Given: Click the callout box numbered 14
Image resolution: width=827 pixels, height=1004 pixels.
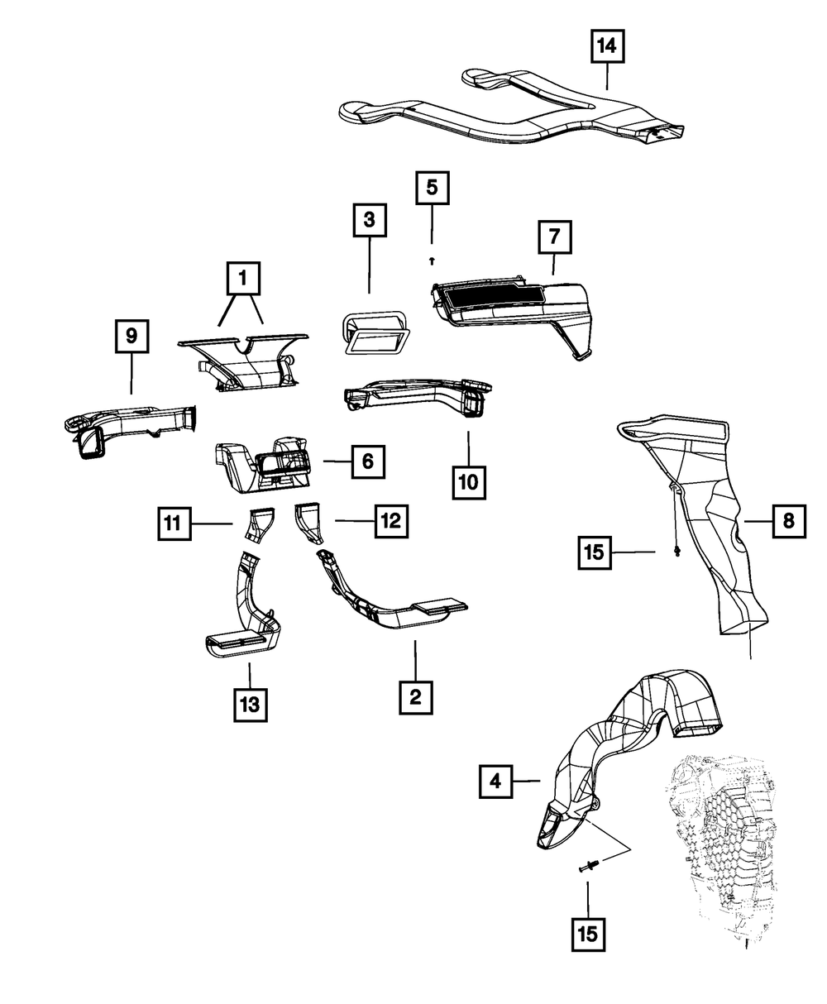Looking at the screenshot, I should point(606,47).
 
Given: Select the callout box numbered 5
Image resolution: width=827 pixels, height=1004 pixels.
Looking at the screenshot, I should point(432,188).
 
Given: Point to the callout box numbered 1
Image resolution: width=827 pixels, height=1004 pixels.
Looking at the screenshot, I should point(242,280).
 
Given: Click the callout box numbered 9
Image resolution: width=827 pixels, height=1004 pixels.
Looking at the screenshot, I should point(131,336).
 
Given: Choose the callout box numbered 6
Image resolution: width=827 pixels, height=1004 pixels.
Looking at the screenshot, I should point(368,461).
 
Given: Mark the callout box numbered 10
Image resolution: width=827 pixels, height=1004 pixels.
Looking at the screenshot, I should point(469,481).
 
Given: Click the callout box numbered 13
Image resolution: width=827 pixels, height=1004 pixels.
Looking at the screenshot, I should point(250,704).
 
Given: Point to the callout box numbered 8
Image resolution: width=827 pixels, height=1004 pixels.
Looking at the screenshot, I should point(789,521).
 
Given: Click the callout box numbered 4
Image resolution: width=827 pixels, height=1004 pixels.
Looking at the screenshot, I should point(495,780).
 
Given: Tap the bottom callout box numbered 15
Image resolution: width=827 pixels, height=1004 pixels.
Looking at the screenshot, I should point(587,935).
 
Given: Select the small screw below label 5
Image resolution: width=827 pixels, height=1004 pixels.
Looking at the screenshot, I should point(432,260).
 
